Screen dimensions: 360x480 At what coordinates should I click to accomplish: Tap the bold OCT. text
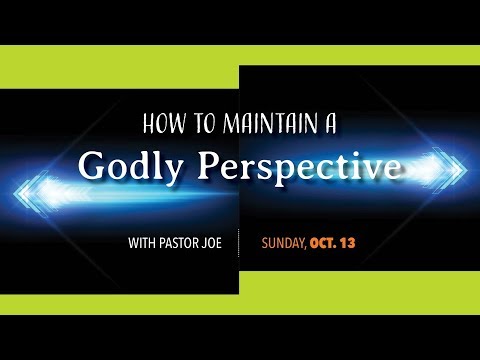tap(324, 242)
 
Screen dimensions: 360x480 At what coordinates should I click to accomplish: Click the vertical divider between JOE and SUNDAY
tap(240, 242)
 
